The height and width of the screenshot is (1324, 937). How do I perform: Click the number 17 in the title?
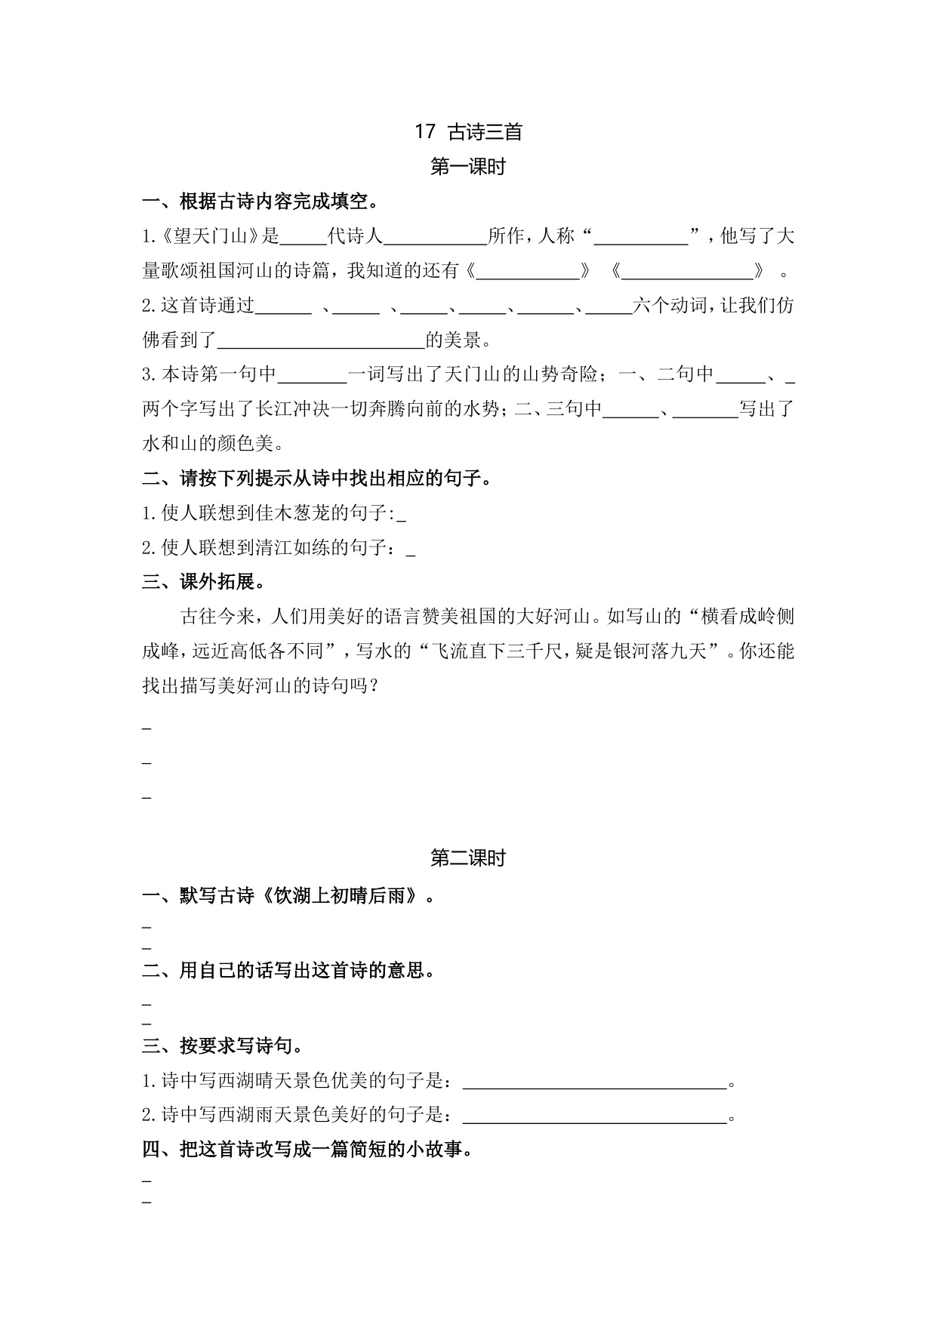point(425,132)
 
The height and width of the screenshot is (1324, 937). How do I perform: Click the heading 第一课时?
point(468,168)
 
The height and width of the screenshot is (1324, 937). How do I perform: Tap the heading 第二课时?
point(468,858)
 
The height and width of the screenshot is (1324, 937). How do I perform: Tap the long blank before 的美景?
point(321,341)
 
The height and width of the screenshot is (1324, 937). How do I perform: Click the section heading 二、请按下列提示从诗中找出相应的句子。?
point(317,479)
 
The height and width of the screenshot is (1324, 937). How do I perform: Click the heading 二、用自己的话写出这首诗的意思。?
point(288,971)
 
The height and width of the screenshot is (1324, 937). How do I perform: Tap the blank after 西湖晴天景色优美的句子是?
point(594,1082)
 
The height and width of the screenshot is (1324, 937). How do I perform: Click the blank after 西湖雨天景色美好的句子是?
point(594,1116)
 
